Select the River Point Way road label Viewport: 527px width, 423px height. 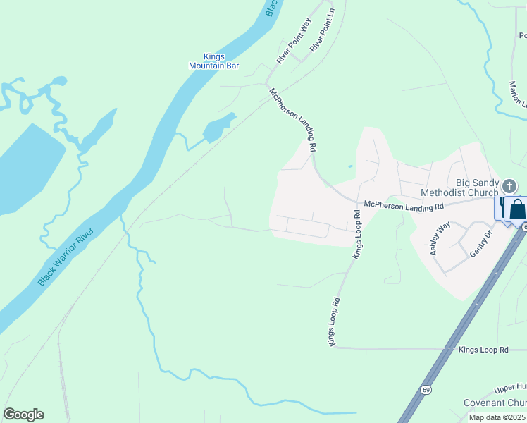294,42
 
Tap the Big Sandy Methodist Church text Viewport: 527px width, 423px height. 459,187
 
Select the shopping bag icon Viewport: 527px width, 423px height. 516,210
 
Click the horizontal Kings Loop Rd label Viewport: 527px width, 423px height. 483,350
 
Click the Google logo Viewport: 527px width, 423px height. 23,415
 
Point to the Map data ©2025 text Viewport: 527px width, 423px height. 497,417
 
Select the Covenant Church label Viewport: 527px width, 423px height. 494,403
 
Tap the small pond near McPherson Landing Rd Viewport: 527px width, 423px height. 217,129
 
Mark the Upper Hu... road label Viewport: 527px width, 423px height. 509,388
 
